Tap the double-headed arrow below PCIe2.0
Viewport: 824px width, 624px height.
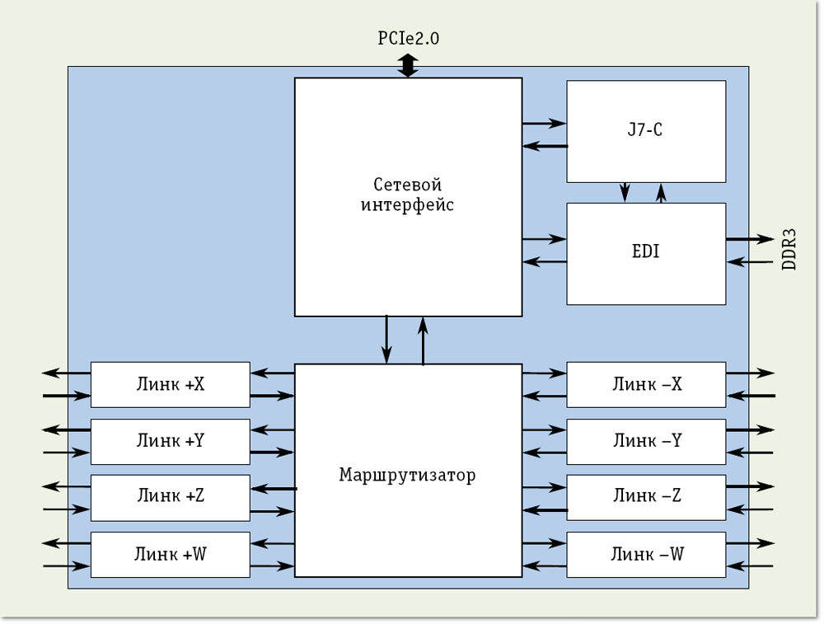pyautogui.click(x=409, y=65)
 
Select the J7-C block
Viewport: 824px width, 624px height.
pyautogui.click(x=646, y=131)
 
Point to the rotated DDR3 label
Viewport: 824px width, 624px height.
pyautogui.click(x=789, y=251)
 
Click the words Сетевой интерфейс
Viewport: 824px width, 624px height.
pyautogui.click(x=408, y=195)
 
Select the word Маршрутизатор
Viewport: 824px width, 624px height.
pyautogui.click(x=408, y=476)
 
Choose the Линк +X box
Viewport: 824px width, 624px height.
pyautogui.click(x=170, y=384)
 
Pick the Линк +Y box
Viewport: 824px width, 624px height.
pyautogui.click(x=170, y=441)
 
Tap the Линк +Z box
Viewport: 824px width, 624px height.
pyautogui.click(x=170, y=497)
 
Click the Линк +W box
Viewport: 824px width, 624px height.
pyautogui.click(x=170, y=554)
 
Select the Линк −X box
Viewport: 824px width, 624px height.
pyautogui.click(x=646, y=384)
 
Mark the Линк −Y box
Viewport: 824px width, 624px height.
pyautogui.click(x=646, y=441)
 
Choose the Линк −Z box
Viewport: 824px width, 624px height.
pyautogui.click(x=646, y=497)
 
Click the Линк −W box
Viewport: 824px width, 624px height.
pyautogui.click(x=646, y=554)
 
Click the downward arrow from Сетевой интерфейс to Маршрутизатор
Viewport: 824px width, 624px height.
pyautogui.click(x=386, y=339)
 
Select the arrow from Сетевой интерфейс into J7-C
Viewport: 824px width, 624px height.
pyautogui.click(x=544, y=124)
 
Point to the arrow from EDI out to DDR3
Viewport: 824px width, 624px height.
pyautogui.click(x=749, y=240)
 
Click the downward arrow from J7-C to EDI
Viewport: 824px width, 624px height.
pyautogui.click(x=625, y=192)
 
